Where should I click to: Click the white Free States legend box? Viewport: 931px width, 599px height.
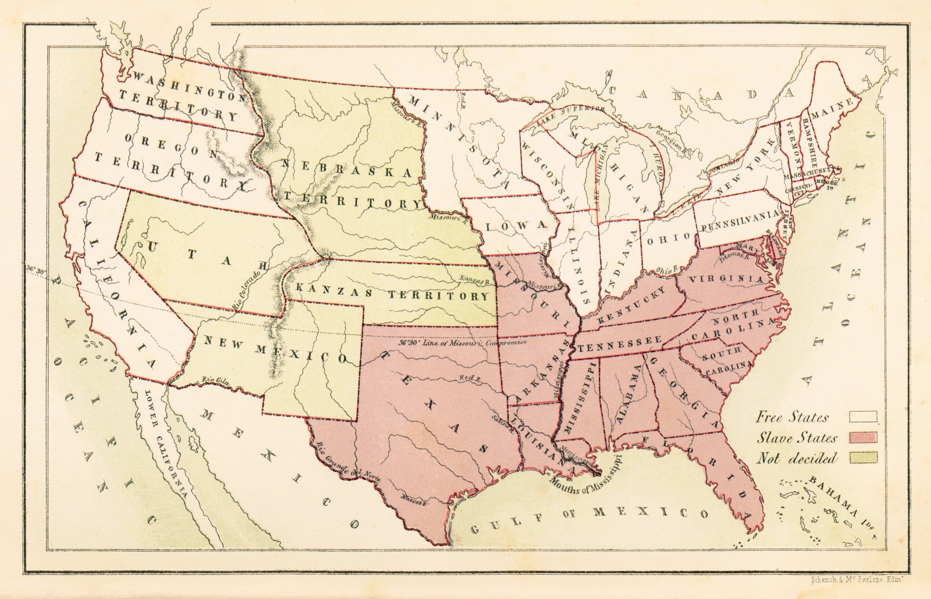863,416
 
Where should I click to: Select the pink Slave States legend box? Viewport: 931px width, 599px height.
863,438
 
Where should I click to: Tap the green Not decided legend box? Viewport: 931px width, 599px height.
863,457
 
